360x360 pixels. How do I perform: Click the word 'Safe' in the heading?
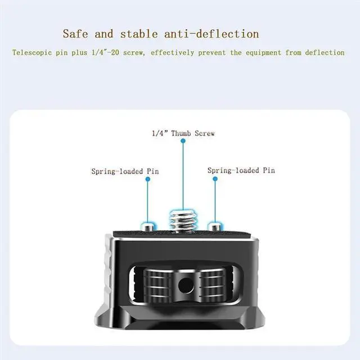pos(76,34)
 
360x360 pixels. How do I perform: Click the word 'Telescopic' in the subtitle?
pos(31,53)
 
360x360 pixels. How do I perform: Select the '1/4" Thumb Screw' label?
pos(183,133)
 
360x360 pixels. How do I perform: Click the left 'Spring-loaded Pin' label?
pos(125,171)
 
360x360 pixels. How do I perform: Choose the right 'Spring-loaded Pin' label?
pos(241,170)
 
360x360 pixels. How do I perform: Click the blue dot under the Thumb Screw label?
pos(183,143)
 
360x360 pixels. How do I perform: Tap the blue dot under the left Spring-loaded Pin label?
pos(147,179)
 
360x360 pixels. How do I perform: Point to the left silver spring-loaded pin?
pos(147,227)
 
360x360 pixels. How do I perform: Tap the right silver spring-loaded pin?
pos(214,227)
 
